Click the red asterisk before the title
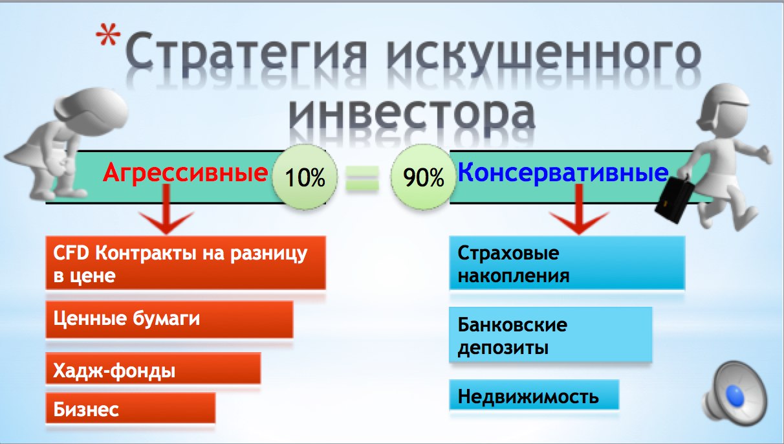[108, 34]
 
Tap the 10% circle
[305, 177]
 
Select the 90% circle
[423, 177]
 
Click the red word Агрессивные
[186, 173]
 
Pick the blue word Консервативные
[563, 173]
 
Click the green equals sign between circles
[362, 179]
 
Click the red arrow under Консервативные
[579, 210]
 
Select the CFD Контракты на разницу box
[186, 263]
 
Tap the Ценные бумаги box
[169, 319]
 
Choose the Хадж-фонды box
[153, 368]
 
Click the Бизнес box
[131, 408]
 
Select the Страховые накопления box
[567, 263]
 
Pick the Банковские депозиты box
[550, 335]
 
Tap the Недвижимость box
[534, 395]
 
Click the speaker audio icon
[735, 394]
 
